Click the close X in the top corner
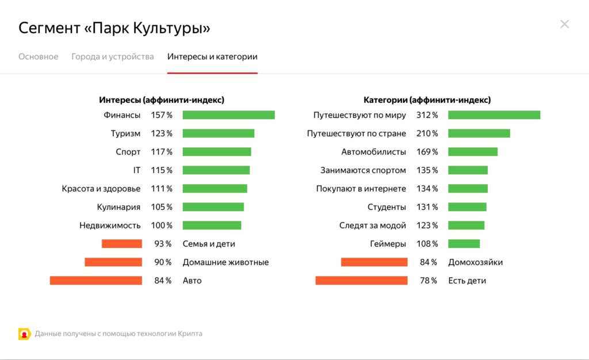click(564, 24)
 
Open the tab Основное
click(38, 56)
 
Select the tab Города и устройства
click(113, 56)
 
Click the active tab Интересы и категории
click(212, 56)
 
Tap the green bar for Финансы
click(228, 115)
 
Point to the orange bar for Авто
click(95, 281)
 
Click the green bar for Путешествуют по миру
click(494, 115)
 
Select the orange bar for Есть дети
click(361, 281)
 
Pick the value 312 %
click(427, 115)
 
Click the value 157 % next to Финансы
click(162, 115)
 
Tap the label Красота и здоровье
click(101, 189)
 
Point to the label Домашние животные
click(225, 262)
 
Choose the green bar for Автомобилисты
click(473, 152)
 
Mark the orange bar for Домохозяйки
click(374, 262)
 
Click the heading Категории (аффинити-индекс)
click(427, 100)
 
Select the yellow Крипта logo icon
click(24, 334)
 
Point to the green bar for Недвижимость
click(212, 225)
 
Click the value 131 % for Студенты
click(427, 207)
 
